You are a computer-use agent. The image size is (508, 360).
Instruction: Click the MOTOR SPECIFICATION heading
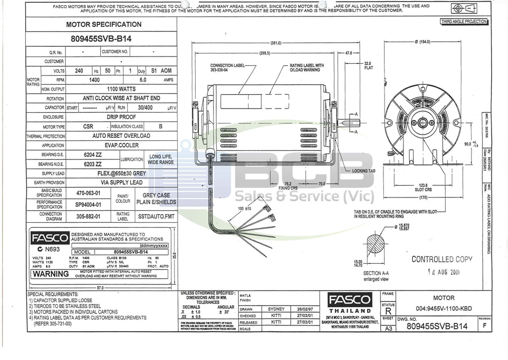[103, 24]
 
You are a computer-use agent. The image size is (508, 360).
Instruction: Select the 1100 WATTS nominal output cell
[121, 89]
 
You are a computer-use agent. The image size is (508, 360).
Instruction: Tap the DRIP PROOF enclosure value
[121, 117]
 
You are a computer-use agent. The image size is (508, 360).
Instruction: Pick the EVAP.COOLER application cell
[121, 146]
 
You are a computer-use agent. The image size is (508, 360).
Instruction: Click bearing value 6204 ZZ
[93, 155]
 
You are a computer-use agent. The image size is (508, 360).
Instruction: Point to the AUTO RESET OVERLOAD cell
[121, 136]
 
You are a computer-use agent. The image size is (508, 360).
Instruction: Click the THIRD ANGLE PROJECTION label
[463, 22]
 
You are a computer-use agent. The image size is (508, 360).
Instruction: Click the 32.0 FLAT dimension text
[368, 65]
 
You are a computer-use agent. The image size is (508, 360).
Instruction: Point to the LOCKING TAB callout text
[364, 170]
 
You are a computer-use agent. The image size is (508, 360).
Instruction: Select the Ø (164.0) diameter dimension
[422, 42]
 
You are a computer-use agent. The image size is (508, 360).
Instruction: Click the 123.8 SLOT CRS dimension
[424, 188]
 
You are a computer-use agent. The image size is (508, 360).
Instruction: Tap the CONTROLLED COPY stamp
[441, 259]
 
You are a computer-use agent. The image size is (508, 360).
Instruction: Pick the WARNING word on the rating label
[51, 274]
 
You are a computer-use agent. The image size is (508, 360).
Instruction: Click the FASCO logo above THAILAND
[351, 300]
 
